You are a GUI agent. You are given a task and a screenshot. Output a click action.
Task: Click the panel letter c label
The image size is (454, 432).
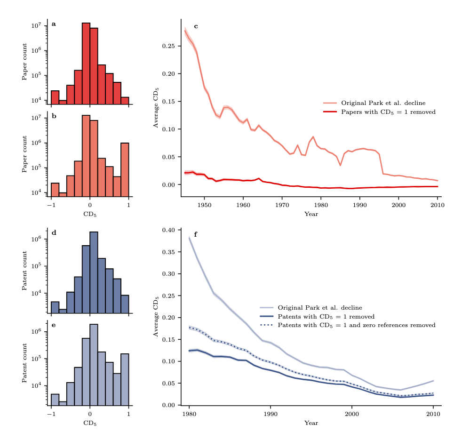196,26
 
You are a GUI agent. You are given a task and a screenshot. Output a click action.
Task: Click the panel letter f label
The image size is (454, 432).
196,234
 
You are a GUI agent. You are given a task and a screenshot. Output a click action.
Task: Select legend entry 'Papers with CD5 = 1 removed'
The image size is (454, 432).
388,112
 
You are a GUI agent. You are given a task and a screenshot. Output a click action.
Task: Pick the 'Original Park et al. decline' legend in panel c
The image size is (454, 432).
383,103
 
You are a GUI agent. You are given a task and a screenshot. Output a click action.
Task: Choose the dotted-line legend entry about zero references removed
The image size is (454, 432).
356,325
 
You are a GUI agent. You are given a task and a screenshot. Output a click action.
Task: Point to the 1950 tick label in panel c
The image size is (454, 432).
204,206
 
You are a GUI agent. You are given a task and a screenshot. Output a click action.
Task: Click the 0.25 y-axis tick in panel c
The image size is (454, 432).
168,46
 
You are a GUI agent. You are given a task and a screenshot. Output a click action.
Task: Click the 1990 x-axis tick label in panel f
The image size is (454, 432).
270,414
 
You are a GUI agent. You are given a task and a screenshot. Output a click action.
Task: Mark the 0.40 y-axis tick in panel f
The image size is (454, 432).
168,230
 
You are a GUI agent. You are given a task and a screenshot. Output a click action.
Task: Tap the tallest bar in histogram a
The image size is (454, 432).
86,63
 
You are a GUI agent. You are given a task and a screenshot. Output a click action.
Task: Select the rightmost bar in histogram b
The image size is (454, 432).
125,169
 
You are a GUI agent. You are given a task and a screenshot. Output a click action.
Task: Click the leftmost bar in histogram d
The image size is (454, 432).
55,307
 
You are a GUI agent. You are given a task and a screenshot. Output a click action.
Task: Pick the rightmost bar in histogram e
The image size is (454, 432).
125,379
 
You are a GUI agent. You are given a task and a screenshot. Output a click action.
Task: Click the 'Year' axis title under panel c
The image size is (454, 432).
311,214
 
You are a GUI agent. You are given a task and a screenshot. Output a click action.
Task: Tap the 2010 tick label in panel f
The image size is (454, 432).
433,414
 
